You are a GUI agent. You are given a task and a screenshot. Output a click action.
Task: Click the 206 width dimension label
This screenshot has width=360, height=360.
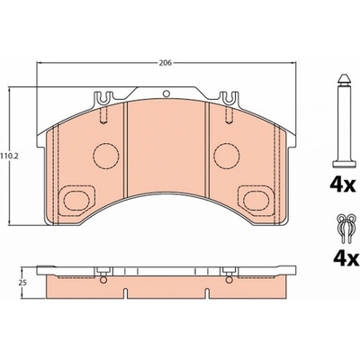pos(166,63)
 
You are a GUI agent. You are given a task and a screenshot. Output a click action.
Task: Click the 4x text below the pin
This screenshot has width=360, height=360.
pos(343,185)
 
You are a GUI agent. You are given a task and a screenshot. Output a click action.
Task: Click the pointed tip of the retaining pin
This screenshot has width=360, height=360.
pos(344,75)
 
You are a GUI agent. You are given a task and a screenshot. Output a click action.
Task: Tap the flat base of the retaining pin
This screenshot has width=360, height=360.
pos(344,165)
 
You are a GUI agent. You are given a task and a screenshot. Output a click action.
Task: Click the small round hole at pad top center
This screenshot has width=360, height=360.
pos(166,94)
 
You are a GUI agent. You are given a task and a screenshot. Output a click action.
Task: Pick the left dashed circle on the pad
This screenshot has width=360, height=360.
pos(106,156)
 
